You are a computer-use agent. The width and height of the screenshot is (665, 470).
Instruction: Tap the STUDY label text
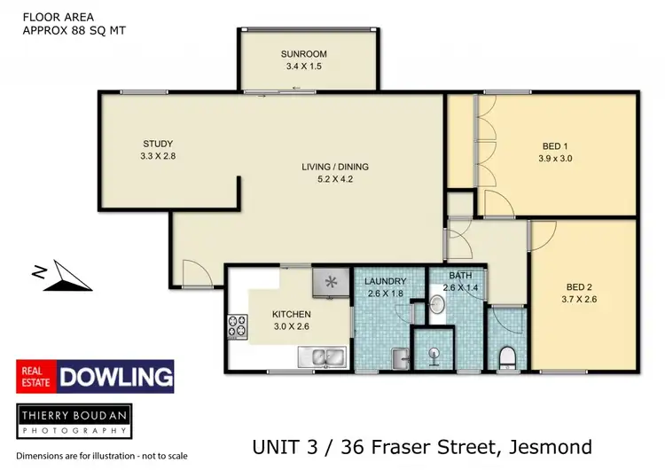tap(158, 144)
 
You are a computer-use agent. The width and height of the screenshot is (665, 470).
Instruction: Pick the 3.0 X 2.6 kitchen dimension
tap(290, 325)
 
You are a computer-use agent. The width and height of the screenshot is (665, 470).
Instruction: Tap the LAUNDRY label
tap(386, 281)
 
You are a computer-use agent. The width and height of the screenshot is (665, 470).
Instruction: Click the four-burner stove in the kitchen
tap(238, 326)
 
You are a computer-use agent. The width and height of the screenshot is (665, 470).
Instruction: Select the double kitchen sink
tap(325, 357)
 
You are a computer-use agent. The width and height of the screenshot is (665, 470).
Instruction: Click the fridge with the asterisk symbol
tap(330, 283)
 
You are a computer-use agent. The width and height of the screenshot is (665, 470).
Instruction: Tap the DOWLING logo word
tap(115, 376)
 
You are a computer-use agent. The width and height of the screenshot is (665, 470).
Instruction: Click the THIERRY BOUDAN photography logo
tap(74, 419)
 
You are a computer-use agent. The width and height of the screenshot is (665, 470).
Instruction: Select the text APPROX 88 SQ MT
tap(73, 29)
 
